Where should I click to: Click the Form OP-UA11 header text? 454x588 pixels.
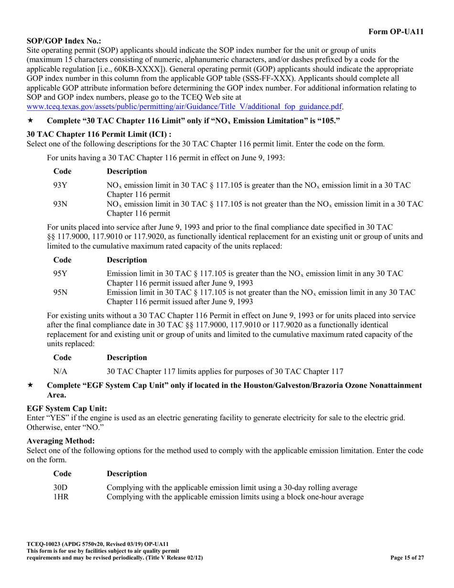click(396, 32)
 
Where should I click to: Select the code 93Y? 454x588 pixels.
click(60, 185)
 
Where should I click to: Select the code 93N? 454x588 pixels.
click(60, 204)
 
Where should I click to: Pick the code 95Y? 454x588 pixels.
click(60, 273)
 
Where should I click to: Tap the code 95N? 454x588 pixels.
click(60, 293)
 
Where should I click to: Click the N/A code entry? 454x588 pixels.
click(60, 371)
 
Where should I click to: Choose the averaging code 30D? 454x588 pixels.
click(60, 488)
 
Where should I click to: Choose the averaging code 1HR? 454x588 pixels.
click(61, 497)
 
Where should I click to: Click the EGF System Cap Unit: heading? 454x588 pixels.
click(66, 408)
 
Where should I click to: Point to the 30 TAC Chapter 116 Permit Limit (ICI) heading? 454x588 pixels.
click(98, 134)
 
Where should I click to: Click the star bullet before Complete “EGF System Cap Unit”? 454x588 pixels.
click(30, 385)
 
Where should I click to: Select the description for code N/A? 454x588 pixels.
click(225, 371)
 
